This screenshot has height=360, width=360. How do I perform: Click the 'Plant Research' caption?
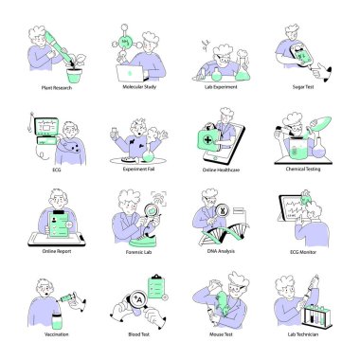tap(57, 87)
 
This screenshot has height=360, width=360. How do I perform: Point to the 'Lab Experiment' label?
tap(222, 87)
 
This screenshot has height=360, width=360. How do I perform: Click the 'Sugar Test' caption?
tap(304, 87)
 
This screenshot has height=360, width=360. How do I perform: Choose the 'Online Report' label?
tap(57, 252)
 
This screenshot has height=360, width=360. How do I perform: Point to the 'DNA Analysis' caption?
tap(222, 252)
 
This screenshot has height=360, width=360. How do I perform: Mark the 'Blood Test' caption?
tap(139, 334)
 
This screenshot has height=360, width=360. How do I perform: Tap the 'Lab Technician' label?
tap(303, 334)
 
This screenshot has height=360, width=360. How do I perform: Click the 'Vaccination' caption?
tap(57, 334)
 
